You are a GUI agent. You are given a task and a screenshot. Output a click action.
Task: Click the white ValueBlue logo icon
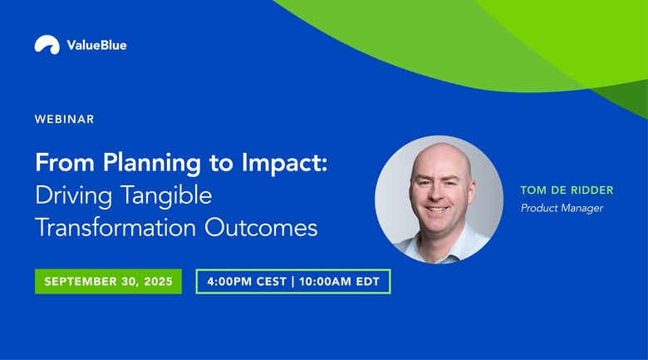point(47,44)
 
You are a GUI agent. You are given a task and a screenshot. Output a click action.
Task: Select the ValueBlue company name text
point(96,45)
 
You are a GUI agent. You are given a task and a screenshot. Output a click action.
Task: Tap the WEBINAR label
point(65,119)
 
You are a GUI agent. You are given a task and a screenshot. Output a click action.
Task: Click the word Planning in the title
point(152,163)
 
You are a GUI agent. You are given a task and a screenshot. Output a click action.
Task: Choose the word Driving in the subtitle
point(74,195)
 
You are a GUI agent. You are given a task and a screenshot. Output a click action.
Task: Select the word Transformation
point(115,228)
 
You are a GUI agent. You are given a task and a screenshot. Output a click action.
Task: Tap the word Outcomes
point(261,228)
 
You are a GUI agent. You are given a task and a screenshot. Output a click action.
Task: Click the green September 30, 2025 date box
point(108,281)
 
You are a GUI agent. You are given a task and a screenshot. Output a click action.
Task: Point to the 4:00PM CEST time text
point(247,282)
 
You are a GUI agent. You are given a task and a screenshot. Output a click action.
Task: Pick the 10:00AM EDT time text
point(339,282)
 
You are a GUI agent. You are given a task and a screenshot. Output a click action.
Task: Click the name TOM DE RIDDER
point(567,190)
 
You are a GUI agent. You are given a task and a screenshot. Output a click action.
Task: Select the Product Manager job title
point(562,208)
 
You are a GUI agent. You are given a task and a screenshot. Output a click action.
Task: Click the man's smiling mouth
point(437,209)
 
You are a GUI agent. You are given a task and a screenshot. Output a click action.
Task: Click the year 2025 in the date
point(159,282)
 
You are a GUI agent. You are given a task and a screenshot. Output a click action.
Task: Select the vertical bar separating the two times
point(293,282)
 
